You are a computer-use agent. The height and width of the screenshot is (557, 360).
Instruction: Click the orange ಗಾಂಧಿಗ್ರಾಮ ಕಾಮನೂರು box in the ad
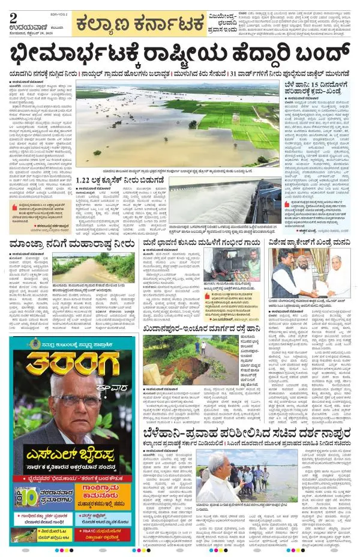[x=108, y=498]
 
